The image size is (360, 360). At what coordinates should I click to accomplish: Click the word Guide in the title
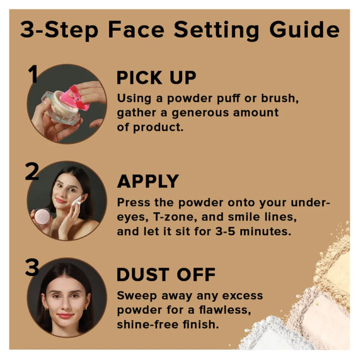pos(304,29)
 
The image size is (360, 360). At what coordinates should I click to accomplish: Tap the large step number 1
pos(33,73)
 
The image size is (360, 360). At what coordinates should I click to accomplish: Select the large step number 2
pos(32,171)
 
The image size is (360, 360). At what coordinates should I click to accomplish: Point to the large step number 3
pos(32,267)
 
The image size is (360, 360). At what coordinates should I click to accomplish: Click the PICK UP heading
pos(156,77)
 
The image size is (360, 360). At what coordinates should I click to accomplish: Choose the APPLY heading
pos(148,181)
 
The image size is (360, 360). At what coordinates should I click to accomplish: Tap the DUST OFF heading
pos(166,274)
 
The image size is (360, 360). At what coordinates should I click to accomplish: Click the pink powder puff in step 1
pos(74,98)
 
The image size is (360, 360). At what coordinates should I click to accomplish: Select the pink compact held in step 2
pos(42,216)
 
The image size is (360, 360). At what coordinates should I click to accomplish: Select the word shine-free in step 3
pos(147,324)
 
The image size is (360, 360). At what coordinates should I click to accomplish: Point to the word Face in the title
pos(136,29)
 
